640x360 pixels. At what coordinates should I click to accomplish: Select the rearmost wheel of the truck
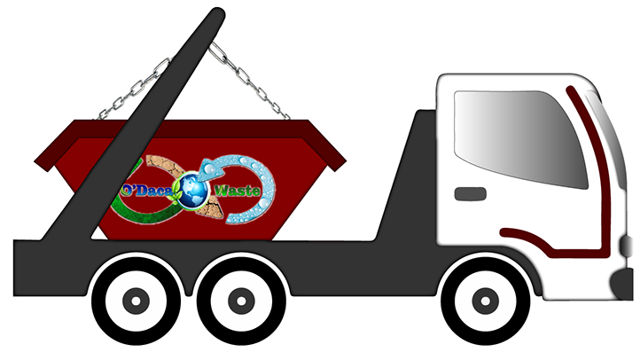(136, 300)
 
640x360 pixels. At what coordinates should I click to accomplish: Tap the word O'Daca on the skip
(149, 191)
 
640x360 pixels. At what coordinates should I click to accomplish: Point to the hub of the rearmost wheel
(136, 301)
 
